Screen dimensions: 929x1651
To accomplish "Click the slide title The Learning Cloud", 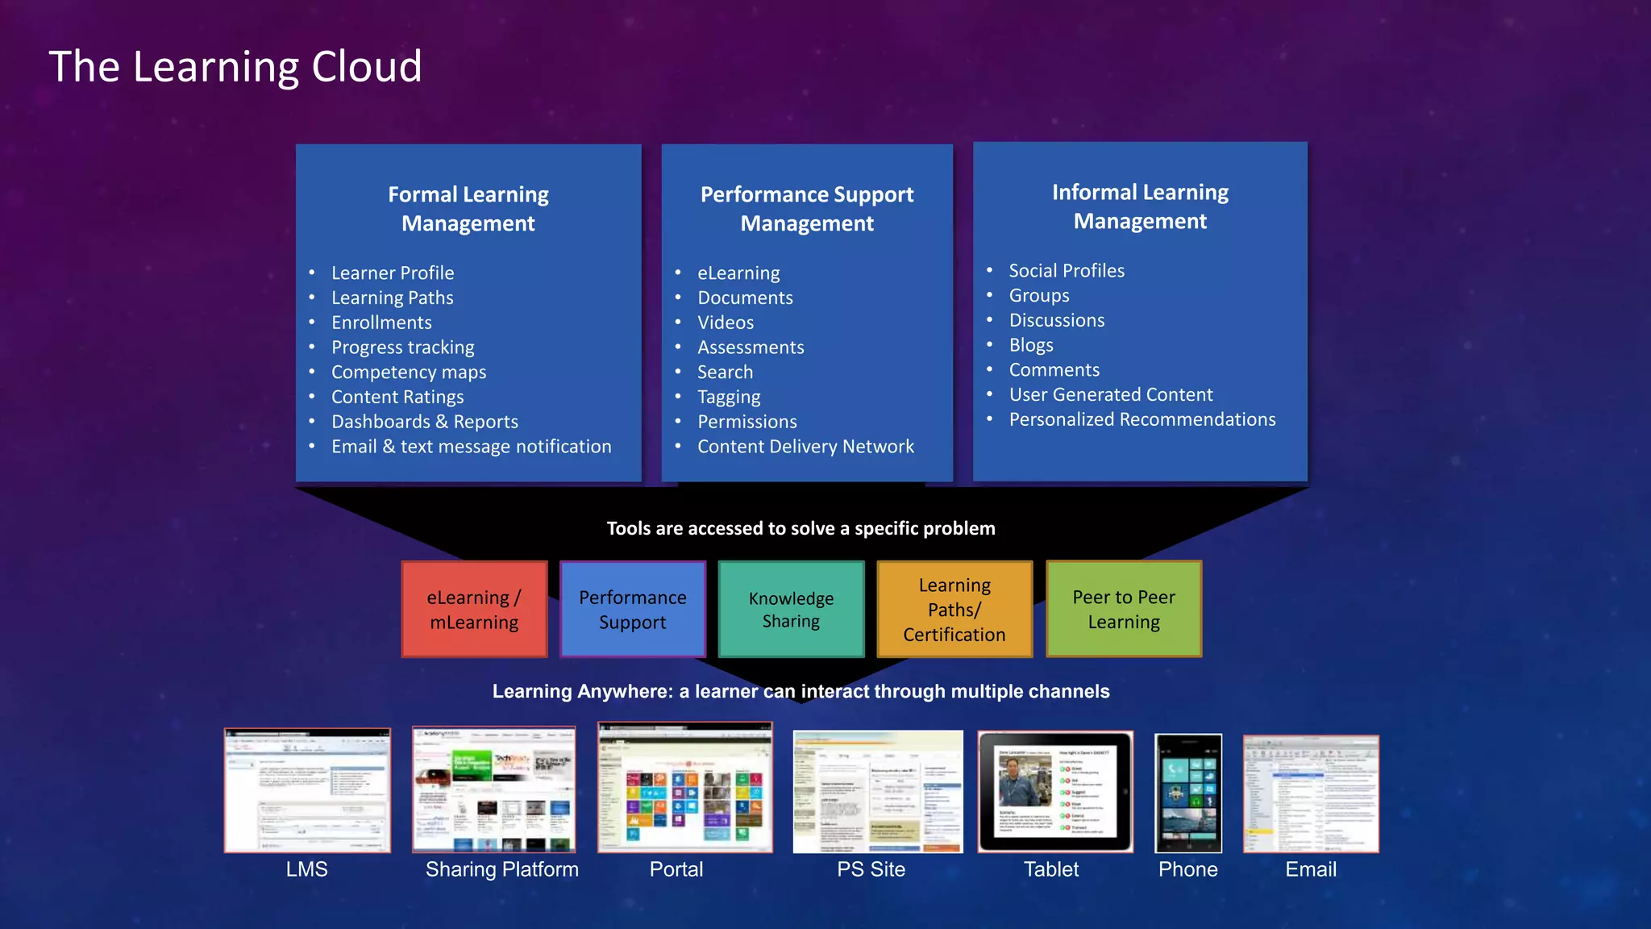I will [235, 66].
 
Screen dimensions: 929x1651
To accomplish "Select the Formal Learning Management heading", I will [468, 209].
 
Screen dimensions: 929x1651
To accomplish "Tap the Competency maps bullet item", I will [409, 373].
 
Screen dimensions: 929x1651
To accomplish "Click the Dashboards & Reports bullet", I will [424, 422].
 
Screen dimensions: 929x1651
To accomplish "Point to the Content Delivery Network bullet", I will [805, 447].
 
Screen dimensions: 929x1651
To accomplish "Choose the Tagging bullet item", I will [729, 398].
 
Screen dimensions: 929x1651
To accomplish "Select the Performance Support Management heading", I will [807, 209].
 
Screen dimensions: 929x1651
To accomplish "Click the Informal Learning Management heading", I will [1140, 206].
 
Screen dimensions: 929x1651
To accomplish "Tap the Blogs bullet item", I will [1031, 345].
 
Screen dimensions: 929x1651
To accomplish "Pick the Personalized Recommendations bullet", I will [1142, 419].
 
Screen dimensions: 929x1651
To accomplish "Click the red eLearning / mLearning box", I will [474, 610].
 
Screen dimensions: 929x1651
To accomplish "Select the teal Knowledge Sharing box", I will [791, 610].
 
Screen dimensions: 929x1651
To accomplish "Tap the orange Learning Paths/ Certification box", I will [954, 610].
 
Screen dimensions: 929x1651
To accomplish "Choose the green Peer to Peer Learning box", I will [1124, 610].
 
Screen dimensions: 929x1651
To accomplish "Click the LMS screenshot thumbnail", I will [307, 790].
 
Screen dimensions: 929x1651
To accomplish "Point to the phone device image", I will [1188, 793].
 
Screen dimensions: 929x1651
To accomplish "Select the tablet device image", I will [1055, 791].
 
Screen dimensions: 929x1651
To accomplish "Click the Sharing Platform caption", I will [502, 869].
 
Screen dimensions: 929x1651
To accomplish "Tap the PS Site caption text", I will [871, 869].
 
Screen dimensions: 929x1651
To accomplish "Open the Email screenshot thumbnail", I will [1311, 794].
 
